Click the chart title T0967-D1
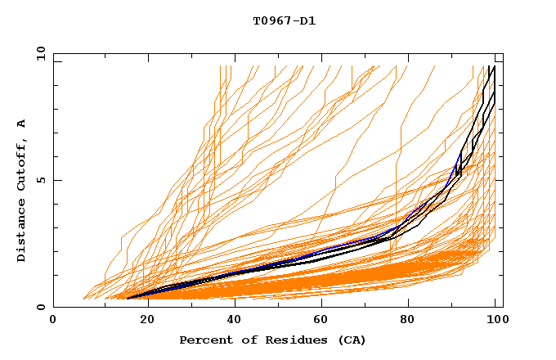(x=285, y=20)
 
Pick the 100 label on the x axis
(x=498, y=320)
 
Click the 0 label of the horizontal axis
(x=54, y=320)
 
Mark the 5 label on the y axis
(x=40, y=180)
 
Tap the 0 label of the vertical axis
(x=40, y=307)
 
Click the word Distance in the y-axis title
(x=21, y=232)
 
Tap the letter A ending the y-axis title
(x=21, y=124)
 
